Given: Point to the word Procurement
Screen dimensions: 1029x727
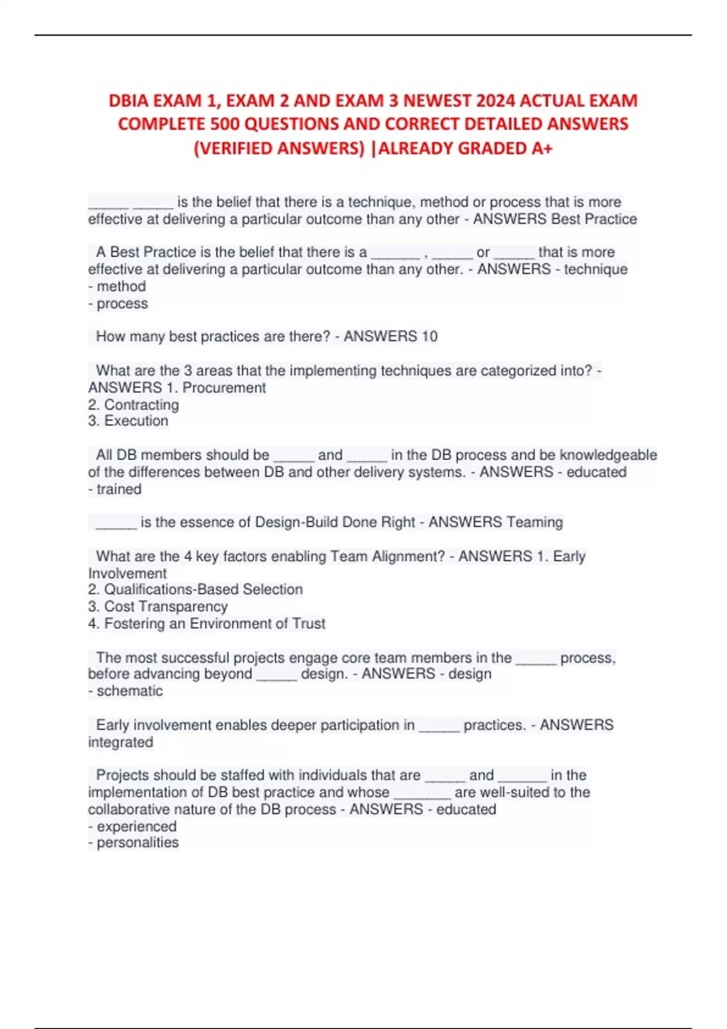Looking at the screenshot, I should pyautogui.click(x=224, y=388).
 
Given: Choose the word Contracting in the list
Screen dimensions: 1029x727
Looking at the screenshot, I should pyautogui.click(x=142, y=405).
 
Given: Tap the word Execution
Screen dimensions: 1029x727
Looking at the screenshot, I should pyautogui.click(x=136, y=421).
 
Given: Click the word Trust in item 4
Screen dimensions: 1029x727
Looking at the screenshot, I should pyautogui.click(x=309, y=623).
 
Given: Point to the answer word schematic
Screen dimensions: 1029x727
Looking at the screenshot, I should pyautogui.click(x=130, y=691).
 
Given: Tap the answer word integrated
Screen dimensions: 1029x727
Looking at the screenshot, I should pyautogui.click(x=121, y=743).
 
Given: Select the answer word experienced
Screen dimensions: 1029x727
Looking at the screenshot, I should pyautogui.click(x=136, y=827).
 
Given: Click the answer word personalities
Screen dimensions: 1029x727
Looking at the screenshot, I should pyautogui.click(x=138, y=843).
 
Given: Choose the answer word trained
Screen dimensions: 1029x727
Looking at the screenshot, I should pyautogui.click(x=119, y=489).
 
